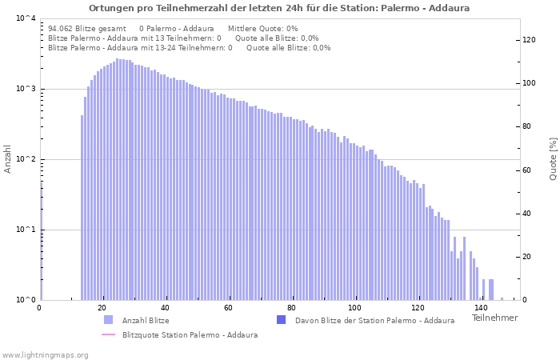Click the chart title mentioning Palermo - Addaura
point(279,8)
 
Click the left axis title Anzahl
point(9,159)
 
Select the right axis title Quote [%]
point(553,158)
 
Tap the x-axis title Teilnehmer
point(494,318)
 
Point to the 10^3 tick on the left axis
point(26,89)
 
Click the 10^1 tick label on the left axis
point(26,230)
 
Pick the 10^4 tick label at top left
point(26,18)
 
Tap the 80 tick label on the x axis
point(291,308)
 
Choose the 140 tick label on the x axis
point(480,308)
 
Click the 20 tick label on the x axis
point(102,308)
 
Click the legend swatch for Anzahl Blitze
point(109,320)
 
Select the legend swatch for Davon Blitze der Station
point(281,320)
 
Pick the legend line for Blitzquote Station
point(109,334)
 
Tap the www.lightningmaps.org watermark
point(44,354)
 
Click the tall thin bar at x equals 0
point(41,240)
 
